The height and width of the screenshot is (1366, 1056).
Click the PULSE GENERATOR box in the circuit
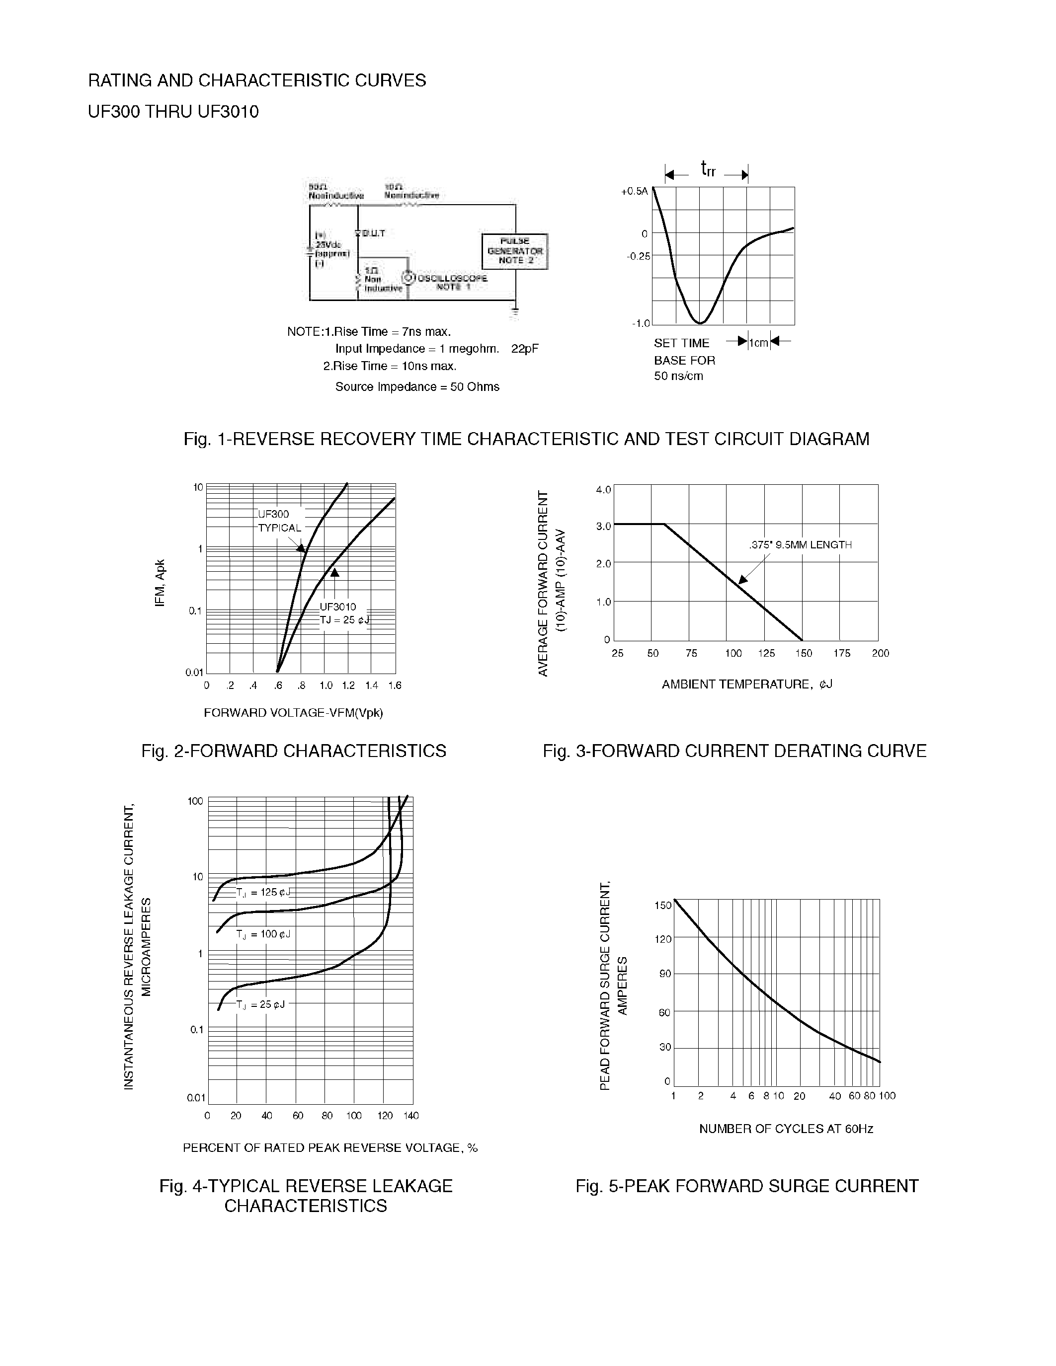pyautogui.click(x=514, y=251)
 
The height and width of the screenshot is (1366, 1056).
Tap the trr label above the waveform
pyautogui.click(x=708, y=169)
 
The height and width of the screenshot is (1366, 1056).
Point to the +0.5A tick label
pyautogui.click(x=635, y=191)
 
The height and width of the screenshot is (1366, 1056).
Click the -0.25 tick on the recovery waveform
pyautogui.click(x=638, y=256)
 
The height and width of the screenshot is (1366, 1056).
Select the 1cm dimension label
pyautogui.click(x=759, y=343)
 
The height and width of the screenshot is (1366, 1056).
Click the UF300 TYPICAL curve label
pyautogui.click(x=278, y=521)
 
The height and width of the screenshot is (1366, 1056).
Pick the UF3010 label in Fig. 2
pyautogui.click(x=338, y=607)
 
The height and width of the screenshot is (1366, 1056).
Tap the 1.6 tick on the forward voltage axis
pyautogui.click(x=394, y=685)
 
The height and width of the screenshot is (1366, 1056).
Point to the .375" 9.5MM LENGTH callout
pyautogui.click(x=800, y=545)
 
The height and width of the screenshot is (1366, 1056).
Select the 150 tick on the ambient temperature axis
pyautogui.click(x=803, y=654)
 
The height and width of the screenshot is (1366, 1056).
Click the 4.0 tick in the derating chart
pyautogui.click(x=603, y=490)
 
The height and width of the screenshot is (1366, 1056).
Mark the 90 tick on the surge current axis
pyautogui.click(x=664, y=975)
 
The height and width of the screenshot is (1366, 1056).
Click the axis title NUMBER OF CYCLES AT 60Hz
pyautogui.click(x=786, y=1129)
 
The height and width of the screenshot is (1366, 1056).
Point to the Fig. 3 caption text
pyautogui.click(x=734, y=751)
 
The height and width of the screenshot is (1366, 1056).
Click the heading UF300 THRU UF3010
pyautogui.click(x=173, y=112)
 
